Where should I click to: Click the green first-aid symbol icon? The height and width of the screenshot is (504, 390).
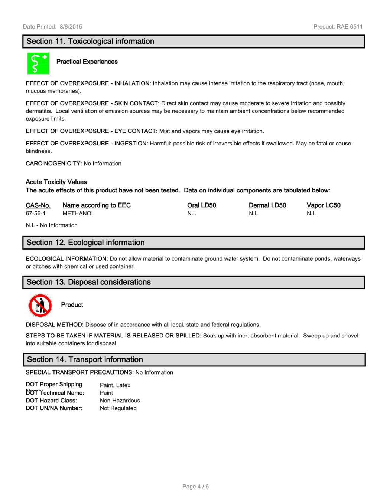(38, 63)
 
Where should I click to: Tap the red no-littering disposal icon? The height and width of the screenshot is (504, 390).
(40, 306)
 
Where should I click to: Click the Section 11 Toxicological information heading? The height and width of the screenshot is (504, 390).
(90, 42)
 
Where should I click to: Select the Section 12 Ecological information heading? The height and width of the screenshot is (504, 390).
(85, 243)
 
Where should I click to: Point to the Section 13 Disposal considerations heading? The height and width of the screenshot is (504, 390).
(88, 282)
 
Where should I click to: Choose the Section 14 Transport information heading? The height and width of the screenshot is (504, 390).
(85, 359)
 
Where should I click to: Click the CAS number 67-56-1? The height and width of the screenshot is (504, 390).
(36, 213)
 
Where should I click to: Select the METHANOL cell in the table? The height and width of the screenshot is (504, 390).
(78, 213)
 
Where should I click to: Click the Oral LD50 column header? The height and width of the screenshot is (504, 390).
(201, 205)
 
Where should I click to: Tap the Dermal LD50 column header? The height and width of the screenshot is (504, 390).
(267, 205)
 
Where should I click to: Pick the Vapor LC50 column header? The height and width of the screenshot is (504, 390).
(323, 205)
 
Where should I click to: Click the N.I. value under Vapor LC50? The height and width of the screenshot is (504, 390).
(311, 213)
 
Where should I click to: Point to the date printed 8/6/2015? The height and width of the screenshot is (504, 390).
(71, 27)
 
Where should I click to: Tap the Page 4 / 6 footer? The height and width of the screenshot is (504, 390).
(195, 486)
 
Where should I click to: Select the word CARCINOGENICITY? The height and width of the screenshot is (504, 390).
(53, 164)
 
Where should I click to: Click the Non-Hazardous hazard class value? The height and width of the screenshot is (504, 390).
(120, 401)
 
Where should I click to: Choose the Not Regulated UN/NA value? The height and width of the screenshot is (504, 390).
(118, 408)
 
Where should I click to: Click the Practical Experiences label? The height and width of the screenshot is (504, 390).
(87, 62)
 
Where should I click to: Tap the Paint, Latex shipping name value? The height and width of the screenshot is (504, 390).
(115, 385)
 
